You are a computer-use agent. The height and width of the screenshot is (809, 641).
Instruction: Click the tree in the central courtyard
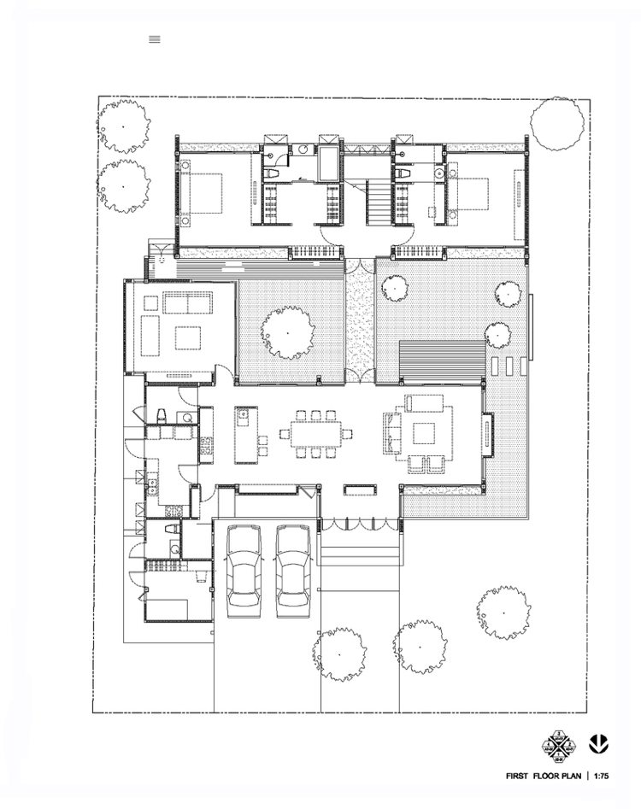(x=287, y=332)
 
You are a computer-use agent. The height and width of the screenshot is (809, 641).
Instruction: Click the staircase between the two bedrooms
(x=377, y=202)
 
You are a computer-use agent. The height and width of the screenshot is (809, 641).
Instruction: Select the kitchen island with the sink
(x=245, y=434)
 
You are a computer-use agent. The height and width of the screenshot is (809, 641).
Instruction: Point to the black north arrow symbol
(x=599, y=743)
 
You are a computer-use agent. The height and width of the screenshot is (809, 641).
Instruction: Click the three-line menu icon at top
(x=155, y=38)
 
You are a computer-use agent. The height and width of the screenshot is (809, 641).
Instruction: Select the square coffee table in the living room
(x=426, y=432)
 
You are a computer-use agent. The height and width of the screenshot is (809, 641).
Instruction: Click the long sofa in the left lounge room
(x=187, y=302)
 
